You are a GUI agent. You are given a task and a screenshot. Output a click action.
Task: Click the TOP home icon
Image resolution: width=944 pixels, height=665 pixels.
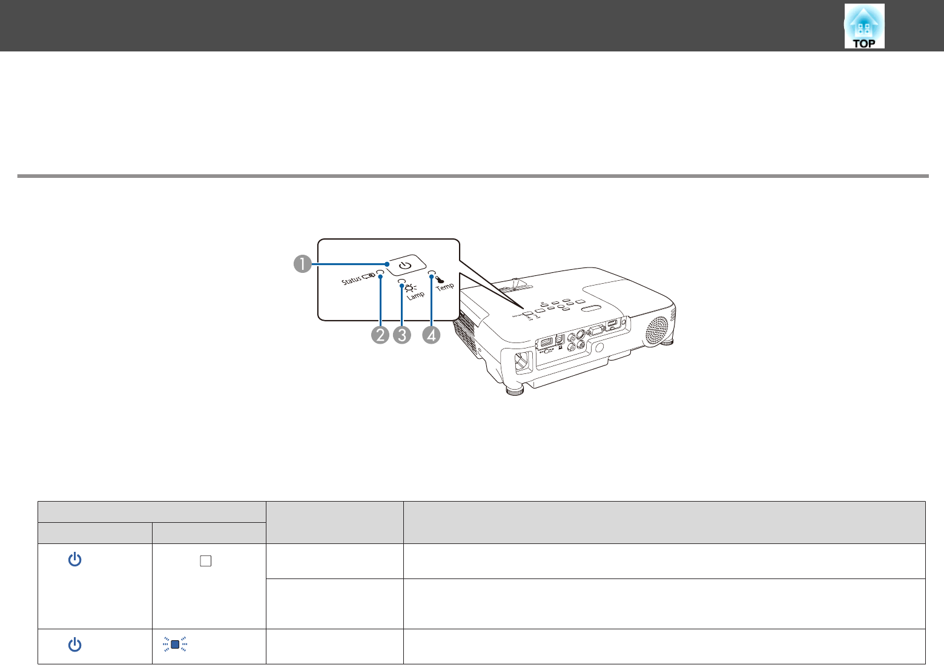[864, 26]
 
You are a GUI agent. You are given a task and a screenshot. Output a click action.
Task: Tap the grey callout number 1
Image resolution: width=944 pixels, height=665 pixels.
[303, 264]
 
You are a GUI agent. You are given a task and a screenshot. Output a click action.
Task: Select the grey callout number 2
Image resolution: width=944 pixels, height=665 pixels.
[380, 335]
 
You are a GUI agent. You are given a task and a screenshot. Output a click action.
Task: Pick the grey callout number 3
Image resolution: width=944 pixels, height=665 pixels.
[402, 335]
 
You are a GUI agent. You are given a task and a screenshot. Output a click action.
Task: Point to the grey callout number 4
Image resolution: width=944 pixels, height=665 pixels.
[431, 335]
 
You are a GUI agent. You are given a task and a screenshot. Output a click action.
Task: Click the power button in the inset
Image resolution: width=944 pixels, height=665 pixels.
[405, 265]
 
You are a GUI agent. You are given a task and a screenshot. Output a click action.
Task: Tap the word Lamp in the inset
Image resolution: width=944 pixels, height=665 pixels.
[415, 295]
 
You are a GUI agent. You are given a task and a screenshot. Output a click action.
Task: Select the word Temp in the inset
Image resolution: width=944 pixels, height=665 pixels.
[445, 287]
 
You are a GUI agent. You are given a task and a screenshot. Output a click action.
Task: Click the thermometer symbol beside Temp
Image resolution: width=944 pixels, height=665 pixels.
[440, 279]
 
